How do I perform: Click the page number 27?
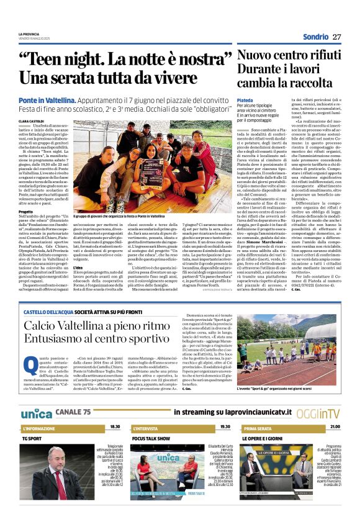tap(336, 37)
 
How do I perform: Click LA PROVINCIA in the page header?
tap(29, 34)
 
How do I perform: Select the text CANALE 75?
tap(73, 412)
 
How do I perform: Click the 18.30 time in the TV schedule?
tap(115, 427)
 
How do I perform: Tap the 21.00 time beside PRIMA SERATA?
tap(335, 427)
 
